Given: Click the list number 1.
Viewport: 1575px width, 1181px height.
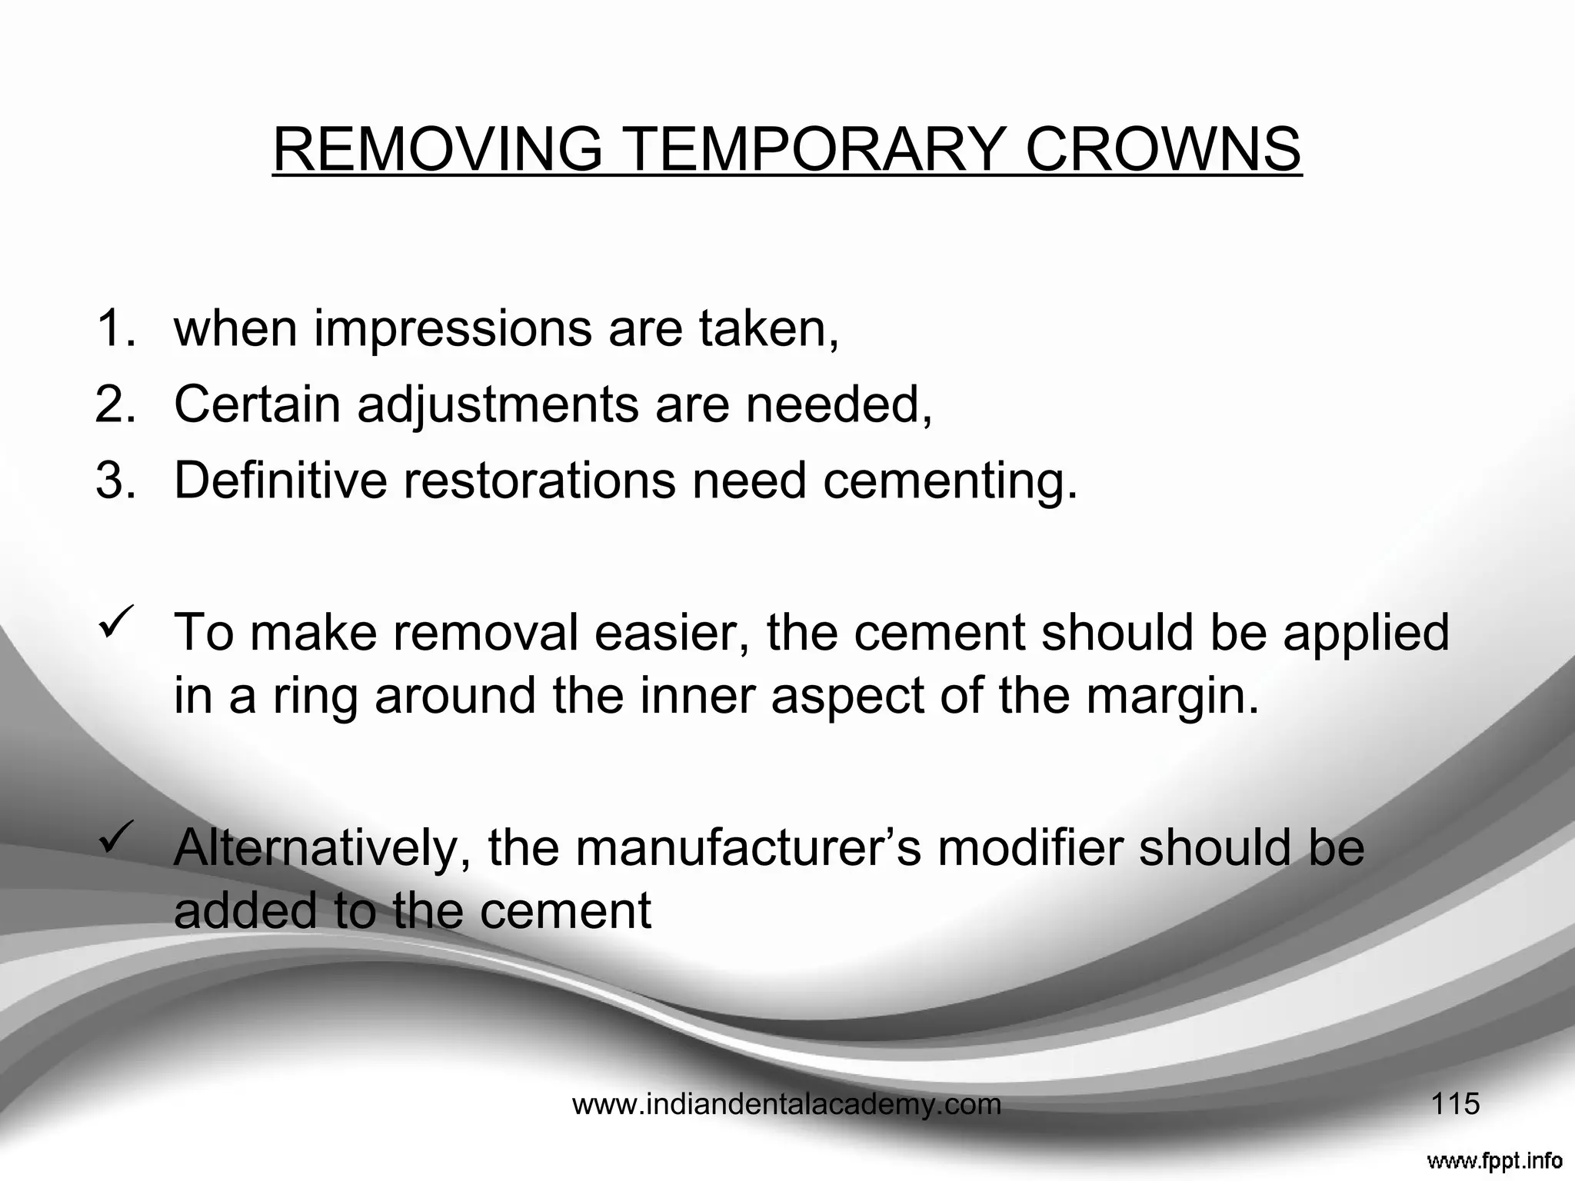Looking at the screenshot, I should pos(115,328).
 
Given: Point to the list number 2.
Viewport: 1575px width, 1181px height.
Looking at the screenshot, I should pos(115,404).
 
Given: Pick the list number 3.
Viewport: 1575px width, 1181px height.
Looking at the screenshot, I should pos(115,480).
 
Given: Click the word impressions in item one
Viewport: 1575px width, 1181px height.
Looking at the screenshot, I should pos(453,329).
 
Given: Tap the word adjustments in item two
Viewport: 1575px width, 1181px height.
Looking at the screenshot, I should pos(498,404).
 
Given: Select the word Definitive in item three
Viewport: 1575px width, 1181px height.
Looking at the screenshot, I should pos(281,480).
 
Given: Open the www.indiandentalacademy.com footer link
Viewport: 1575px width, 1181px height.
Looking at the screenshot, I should pos(787,1105).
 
